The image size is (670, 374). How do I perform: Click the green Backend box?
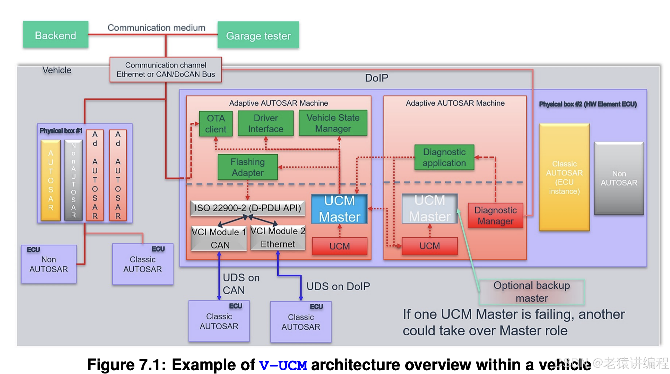tap(55, 35)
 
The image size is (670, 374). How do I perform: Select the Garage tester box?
tap(258, 35)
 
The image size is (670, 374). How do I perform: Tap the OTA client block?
tap(216, 124)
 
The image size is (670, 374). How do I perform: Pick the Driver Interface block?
tap(265, 123)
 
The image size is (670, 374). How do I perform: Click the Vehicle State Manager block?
tap(333, 123)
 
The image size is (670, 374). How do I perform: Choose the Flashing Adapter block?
tap(248, 167)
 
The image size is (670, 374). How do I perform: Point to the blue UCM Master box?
tap(339, 209)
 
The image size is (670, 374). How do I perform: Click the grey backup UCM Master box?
tap(430, 209)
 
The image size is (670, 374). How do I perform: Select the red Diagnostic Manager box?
tap(495, 216)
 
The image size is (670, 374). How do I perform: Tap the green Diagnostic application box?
tap(444, 157)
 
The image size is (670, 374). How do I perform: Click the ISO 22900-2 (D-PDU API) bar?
tap(248, 208)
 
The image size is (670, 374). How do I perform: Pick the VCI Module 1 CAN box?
tap(219, 238)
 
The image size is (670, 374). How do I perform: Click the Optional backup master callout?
tap(532, 292)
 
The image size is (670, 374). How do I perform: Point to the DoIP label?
tap(376, 78)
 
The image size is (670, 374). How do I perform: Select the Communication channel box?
tap(166, 70)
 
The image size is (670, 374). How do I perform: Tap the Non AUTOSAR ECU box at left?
tap(49, 264)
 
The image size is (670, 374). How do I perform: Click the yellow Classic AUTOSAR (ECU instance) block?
tap(564, 177)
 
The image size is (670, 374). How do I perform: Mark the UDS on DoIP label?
tap(338, 286)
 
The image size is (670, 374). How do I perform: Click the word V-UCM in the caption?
tap(283, 365)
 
